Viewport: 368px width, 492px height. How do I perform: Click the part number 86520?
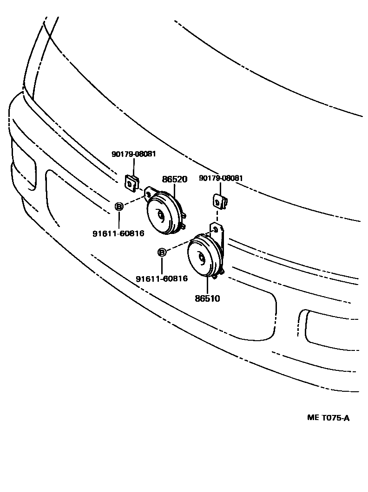(174, 179)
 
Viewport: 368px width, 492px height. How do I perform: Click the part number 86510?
(207, 298)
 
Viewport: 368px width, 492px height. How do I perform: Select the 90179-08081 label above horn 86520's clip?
(134, 154)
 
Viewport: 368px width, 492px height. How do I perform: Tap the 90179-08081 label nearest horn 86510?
(221, 178)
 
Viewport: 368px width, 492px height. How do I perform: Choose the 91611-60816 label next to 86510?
(162, 278)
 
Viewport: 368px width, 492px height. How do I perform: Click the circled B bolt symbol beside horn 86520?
(119, 207)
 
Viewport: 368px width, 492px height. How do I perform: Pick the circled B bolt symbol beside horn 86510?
(162, 252)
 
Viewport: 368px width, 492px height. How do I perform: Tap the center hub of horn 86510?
(201, 258)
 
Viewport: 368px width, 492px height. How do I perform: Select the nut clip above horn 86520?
(132, 182)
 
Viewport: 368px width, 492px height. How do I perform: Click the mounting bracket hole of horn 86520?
(149, 192)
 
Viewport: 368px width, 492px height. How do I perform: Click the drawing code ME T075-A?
(328, 418)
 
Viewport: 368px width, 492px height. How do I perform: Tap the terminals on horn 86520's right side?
(184, 220)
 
